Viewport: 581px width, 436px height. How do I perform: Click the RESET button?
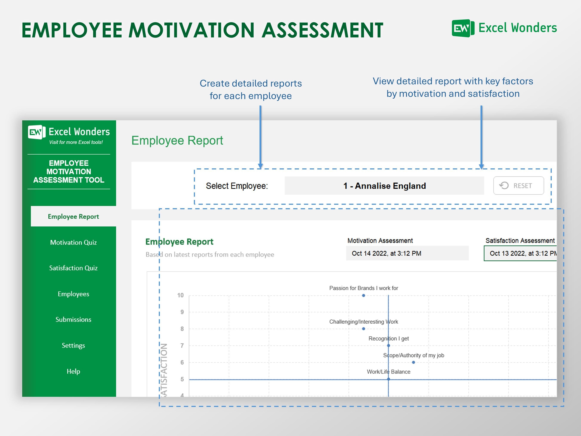click(518, 186)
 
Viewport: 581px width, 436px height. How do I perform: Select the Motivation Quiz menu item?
click(73, 242)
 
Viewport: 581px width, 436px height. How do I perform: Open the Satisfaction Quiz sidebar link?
click(73, 268)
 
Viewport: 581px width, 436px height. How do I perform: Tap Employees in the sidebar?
click(73, 294)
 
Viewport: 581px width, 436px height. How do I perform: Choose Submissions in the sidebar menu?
click(73, 319)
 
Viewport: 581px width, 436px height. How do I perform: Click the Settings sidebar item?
click(73, 345)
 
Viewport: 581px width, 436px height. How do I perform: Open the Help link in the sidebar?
click(73, 371)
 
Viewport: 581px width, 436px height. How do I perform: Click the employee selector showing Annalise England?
click(384, 186)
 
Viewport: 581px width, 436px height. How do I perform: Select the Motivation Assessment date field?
click(407, 253)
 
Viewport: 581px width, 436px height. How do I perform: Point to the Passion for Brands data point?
click(363, 295)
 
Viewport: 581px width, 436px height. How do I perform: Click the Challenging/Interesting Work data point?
click(363, 329)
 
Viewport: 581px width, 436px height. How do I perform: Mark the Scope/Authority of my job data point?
click(413, 362)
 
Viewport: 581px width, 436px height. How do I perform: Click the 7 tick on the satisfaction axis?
click(182, 346)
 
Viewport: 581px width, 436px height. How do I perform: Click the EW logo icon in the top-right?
click(463, 28)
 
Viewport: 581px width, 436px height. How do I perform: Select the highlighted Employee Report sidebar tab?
click(73, 216)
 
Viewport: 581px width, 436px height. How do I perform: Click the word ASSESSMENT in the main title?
click(322, 30)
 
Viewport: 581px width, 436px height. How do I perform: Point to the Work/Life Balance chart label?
click(388, 372)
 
